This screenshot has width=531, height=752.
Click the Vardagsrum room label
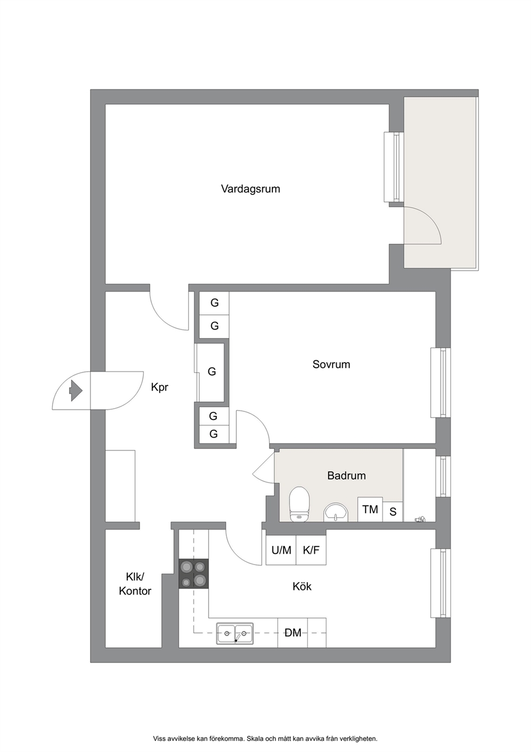250,189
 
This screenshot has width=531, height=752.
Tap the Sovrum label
331,365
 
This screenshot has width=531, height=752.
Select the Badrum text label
346,476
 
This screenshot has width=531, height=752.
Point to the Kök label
302,586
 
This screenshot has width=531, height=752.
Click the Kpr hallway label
160,387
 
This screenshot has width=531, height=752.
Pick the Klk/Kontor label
135,584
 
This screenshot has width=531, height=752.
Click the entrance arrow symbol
75,390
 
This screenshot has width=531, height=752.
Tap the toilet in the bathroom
299,504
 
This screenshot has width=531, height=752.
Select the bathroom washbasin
336,512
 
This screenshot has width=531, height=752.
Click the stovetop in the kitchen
193,574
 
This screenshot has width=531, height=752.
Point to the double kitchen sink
234,634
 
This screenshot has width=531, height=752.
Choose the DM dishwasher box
292,633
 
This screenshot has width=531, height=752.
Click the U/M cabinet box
281,550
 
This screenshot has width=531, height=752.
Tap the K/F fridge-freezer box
311,550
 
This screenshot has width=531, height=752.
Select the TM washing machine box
370,509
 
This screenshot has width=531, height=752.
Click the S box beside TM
393,512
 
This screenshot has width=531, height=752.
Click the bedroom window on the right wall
441,383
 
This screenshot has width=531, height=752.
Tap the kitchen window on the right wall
441,583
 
